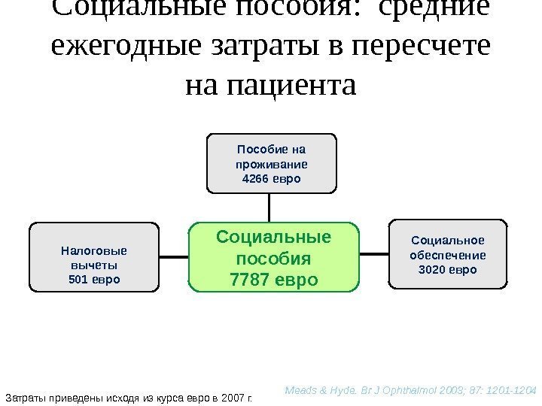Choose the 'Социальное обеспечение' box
448,254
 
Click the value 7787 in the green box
254,280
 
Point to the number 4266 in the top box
254,179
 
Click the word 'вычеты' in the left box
94,265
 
